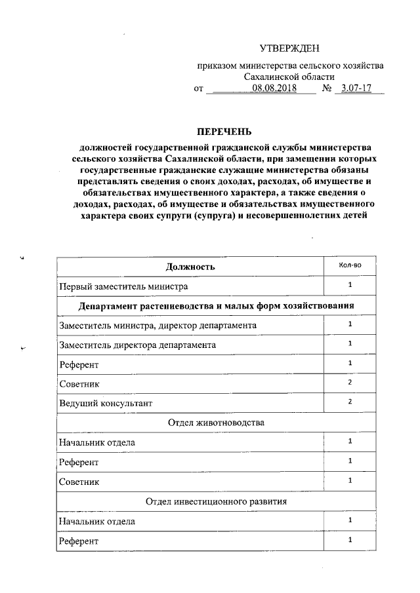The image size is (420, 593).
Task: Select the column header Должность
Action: [x=190, y=267]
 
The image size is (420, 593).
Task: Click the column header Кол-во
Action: [x=350, y=265]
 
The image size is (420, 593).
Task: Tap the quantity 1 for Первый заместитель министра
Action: [x=350, y=285]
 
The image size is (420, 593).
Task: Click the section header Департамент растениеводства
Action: [x=217, y=306]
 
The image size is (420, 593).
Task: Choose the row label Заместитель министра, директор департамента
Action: [x=157, y=326]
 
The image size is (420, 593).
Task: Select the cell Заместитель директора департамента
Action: [x=137, y=345]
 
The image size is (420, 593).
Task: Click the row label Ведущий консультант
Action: [x=110, y=403]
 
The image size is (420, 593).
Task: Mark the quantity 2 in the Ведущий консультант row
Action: [x=350, y=401]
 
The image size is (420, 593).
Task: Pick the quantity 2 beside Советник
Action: [x=350, y=381]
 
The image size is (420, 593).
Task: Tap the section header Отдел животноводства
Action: [x=217, y=423]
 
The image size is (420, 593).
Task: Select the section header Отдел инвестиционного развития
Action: [x=217, y=501]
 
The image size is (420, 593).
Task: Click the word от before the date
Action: [x=199, y=88]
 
